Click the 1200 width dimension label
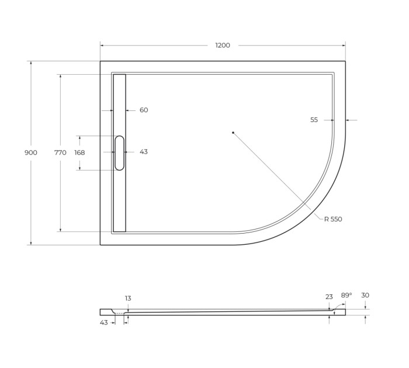223,45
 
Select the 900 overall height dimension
31,152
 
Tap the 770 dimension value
60,152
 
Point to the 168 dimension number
79,152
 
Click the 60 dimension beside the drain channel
144,110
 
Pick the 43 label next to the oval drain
144,152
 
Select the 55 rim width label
314,120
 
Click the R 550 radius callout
333,219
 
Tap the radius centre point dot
233,133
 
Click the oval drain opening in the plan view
119,152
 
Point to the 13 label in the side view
128,298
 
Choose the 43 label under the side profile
104,322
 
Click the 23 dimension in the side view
329,297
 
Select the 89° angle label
346,296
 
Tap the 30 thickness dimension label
365,296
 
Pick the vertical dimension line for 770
60,193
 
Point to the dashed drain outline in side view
119,314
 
